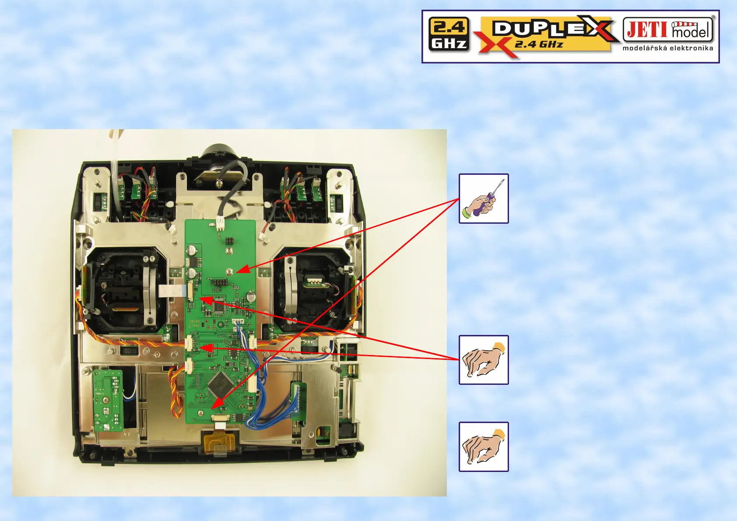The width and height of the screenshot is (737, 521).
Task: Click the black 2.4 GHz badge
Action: click(x=449, y=35)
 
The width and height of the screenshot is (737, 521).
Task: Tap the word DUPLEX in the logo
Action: click(x=551, y=28)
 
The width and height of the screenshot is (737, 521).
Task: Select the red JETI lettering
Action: click(x=647, y=30)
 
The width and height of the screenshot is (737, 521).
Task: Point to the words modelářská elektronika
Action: click(x=667, y=48)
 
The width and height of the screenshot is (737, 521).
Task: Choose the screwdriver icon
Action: click(x=484, y=199)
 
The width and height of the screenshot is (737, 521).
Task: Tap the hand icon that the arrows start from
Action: click(x=484, y=360)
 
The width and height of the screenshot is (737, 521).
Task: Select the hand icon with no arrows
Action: click(x=484, y=447)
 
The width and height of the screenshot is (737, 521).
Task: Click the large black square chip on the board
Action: click(x=220, y=384)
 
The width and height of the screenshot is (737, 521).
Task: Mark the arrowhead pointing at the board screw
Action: click(x=243, y=269)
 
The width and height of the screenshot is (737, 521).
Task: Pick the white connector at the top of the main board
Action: click(x=220, y=225)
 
